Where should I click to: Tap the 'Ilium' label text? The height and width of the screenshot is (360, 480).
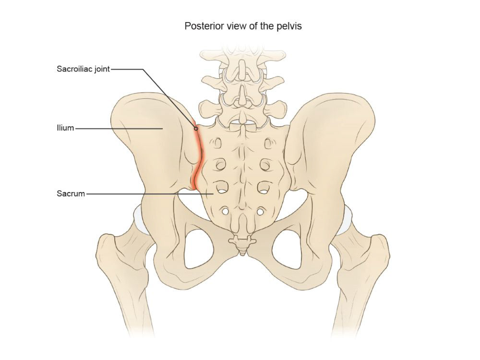click(65, 129)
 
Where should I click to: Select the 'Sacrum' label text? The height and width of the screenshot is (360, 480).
click(71, 194)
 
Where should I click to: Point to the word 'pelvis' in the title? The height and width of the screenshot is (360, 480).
click(290, 26)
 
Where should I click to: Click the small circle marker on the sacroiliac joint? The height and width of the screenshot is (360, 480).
click(196, 129)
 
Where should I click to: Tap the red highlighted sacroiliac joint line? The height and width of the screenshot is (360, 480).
click(197, 158)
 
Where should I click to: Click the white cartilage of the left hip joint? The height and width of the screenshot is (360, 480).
click(139, 218)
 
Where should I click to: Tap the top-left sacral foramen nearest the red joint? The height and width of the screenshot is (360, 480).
click(217, 143)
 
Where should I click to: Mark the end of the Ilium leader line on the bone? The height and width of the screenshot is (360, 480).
click(163, 129)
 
